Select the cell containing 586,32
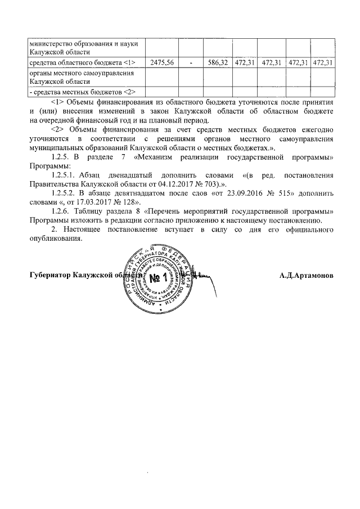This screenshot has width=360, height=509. (217, 62)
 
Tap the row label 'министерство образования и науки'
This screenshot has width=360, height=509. (80, 43)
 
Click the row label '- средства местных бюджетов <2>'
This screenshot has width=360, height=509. (74, 92)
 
